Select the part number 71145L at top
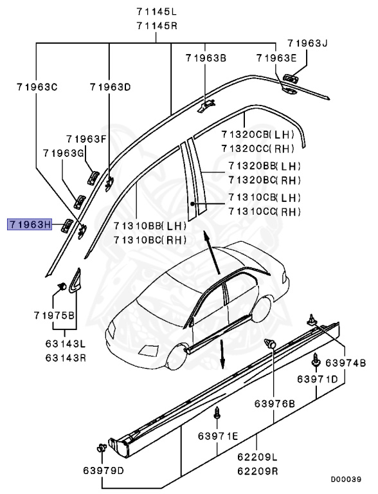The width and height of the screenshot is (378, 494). coord(158,12)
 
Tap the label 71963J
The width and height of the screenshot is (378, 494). coord(307,44)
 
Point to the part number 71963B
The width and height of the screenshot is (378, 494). coord(206,58)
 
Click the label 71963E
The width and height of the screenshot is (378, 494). coord(276,58)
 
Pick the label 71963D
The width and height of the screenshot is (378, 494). coord(110,86)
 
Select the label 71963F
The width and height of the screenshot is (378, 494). coord(86,138)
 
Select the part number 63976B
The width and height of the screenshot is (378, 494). coord(274,404)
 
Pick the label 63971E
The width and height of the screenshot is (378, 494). coord(218,437)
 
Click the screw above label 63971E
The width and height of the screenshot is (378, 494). coord(217,412)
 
